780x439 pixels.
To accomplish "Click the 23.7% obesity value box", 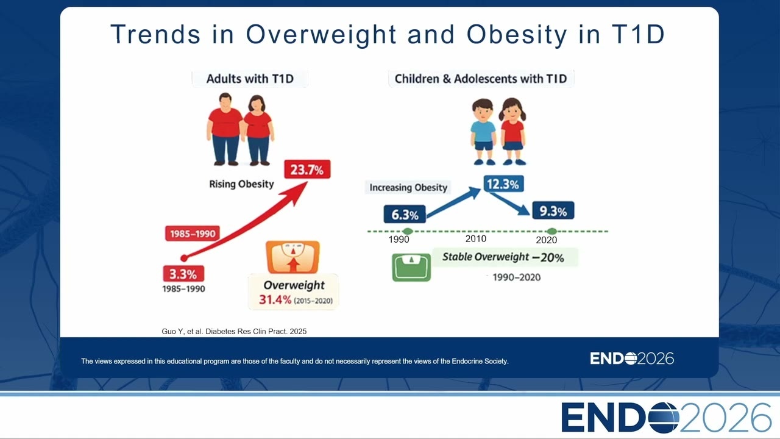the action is pos(307,170).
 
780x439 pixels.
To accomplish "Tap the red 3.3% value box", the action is pos(183,274).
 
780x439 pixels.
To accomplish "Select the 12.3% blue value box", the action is pos(503,184).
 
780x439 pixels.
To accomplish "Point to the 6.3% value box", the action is pos(405,214).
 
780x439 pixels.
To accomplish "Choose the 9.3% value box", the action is pos(553,210).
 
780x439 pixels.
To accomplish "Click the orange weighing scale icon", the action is pos(292,257).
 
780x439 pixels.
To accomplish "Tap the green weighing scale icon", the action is pos(411,267).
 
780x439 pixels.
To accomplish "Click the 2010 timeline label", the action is pos(476,238).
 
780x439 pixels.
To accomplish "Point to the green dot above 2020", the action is pos(551,231).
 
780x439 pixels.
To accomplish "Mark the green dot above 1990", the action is pos(408,231).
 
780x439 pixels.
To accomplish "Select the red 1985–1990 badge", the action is pos(193,234).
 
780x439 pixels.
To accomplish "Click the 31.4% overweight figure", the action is pos(275,299).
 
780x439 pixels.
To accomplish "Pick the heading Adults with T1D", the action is pos(250,79).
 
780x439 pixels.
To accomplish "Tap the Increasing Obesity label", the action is pos(408,187).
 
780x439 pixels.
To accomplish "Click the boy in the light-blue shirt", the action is pos(483,132).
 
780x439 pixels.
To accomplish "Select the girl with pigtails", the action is pos(512,132).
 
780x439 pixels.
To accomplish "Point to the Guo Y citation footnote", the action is pos(234,331).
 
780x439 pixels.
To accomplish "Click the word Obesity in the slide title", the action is pos(517,35).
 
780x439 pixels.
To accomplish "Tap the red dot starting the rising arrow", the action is pos(184,258).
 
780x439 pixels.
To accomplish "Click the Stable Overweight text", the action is pos(486,257).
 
